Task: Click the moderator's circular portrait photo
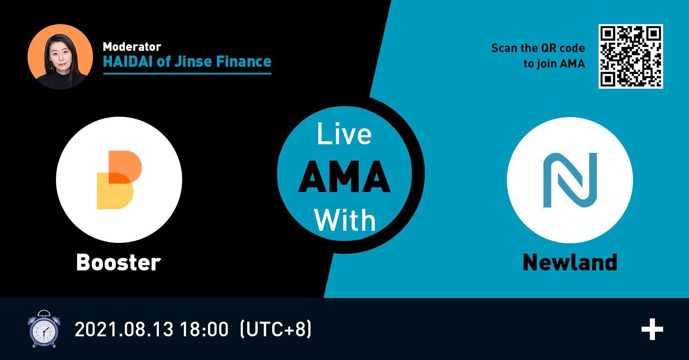(60, 56)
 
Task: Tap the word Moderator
(132, 47)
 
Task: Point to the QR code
(630, 56)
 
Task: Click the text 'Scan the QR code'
(538, 48)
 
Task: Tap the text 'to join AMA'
(554, 64)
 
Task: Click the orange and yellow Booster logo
(119, 180)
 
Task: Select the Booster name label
(118, 262)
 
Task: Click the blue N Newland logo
(570, 180)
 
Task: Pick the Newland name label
(570, 262)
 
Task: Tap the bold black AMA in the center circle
(344, 177)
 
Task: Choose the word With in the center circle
(345, 220)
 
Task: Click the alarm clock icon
(43, 329)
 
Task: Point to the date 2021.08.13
(124, 329)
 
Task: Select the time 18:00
(204, 329)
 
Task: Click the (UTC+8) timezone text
(276, 329)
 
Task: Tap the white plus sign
(652, 329)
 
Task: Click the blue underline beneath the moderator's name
(187, 74)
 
